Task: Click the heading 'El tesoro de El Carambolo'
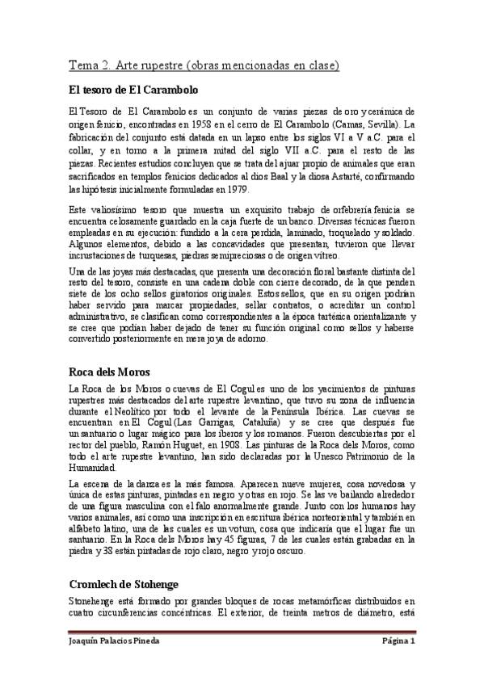pyautogui.click(x=133, y=89)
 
